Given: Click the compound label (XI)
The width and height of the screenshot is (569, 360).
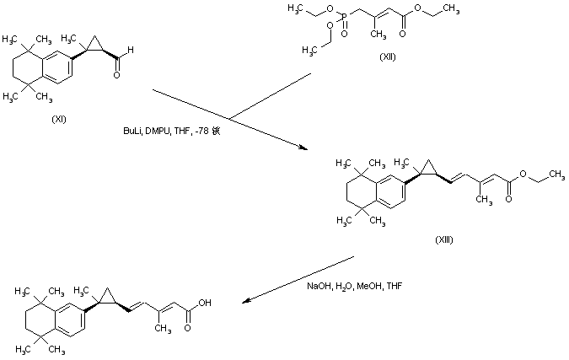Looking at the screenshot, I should (59, 117).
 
